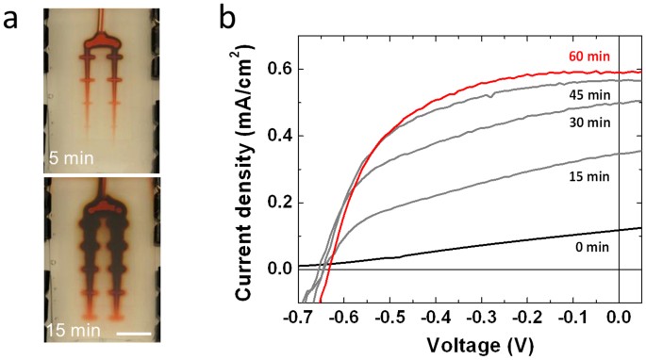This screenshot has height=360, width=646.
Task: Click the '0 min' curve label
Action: coord(588,247)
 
